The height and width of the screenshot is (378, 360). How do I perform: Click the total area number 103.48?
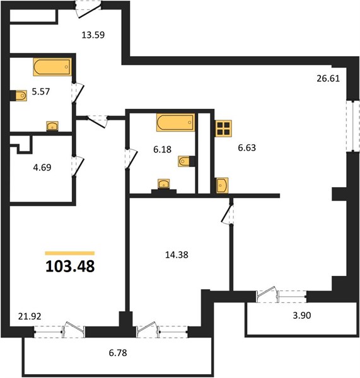70,266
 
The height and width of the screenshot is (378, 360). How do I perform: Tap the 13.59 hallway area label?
93,35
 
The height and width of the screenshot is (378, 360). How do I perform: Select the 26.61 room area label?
328,78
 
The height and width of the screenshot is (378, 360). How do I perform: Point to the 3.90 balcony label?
302,316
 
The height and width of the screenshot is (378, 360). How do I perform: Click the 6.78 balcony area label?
118,353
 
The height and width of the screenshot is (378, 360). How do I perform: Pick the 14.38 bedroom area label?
177,255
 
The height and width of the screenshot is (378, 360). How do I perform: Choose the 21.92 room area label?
30,316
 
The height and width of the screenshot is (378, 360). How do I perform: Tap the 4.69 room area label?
42,168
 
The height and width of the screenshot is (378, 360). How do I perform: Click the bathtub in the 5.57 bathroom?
52,67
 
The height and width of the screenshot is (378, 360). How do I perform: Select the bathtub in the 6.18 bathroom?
175,122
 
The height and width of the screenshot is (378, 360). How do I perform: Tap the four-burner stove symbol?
223,129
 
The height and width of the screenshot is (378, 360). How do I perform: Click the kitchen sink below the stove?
222,185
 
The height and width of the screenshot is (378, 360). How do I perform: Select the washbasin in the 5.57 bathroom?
52,126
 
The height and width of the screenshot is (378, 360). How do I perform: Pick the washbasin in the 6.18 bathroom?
164,184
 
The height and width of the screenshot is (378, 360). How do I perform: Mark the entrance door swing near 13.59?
88,11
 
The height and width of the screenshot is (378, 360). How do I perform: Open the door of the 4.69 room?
78,166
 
